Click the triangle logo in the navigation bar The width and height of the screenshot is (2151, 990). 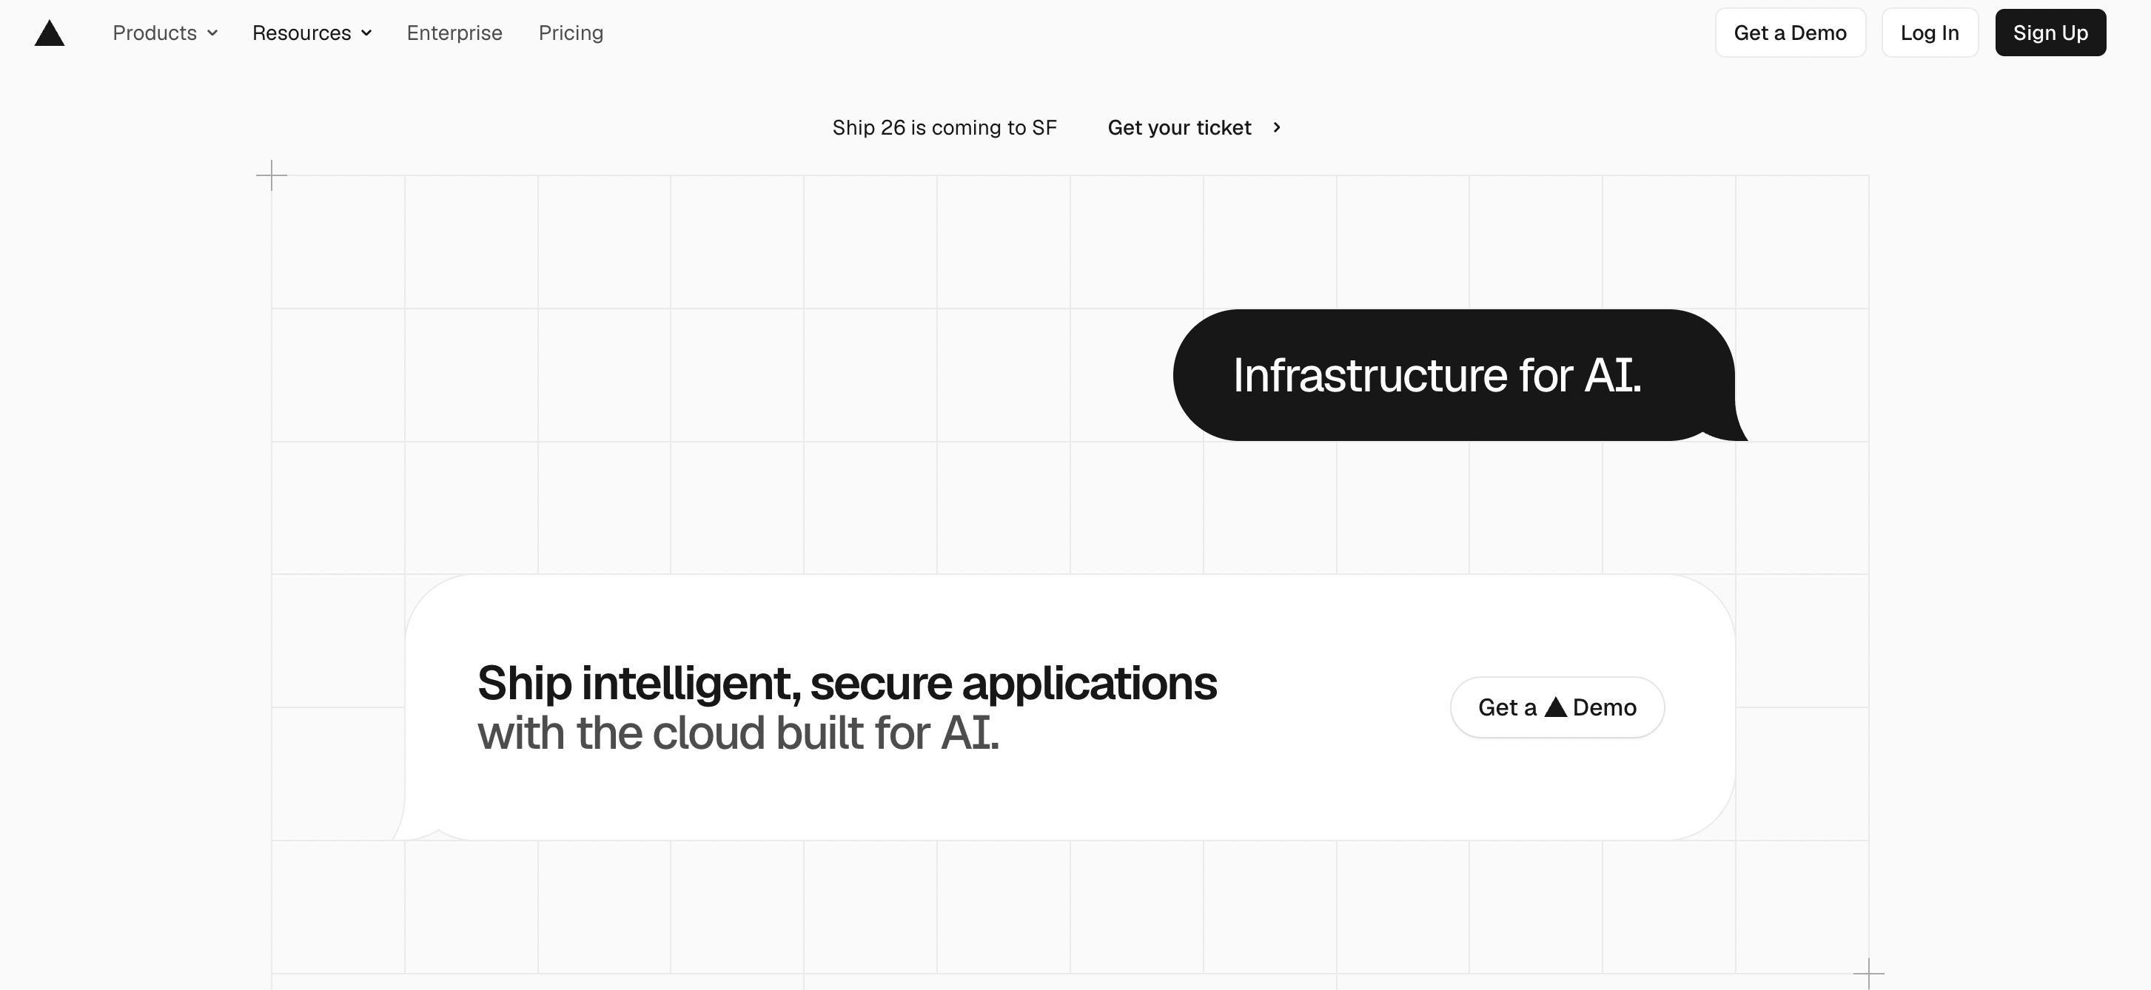50,33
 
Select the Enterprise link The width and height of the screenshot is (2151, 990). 454,33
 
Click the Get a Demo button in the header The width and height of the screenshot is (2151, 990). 1791,33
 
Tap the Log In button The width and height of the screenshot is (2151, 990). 1930,33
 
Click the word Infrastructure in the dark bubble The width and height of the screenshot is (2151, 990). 1370,375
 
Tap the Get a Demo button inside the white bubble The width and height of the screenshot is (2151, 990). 1557,707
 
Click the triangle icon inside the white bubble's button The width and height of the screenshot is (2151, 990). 1556,707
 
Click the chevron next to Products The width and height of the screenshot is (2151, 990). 212,33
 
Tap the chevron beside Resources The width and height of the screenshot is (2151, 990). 366,33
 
